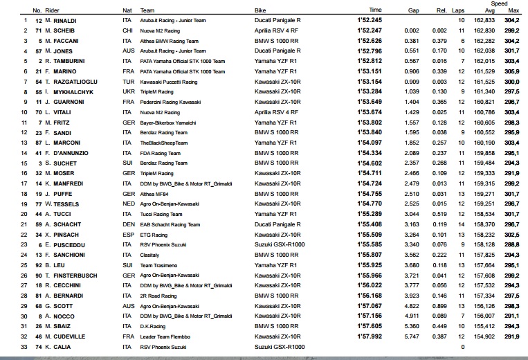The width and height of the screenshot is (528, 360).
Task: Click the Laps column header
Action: pos(457,10)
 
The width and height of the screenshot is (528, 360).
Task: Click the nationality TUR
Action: pos(127,81)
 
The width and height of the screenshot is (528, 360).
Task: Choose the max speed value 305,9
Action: pos(513,71)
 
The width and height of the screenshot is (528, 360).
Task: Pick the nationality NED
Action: pos(127,204)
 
